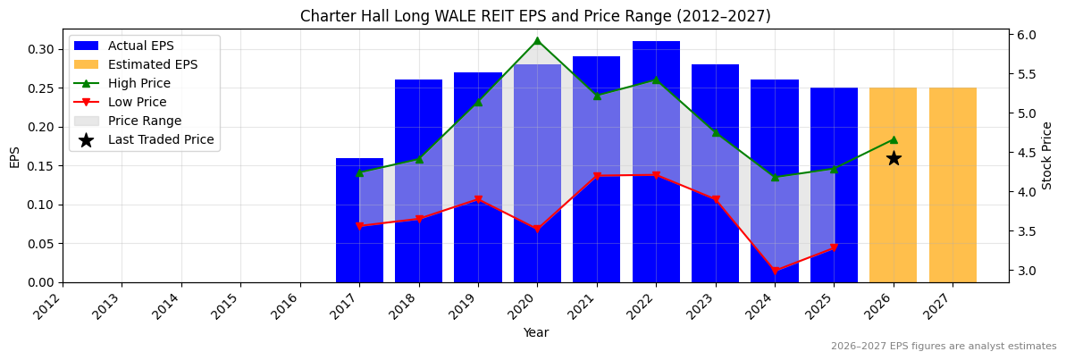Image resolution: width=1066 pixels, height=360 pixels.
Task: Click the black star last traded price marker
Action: pyautogui.click(x=894, y=158)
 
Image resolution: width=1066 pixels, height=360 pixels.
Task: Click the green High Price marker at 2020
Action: pyautogui.click(x=537, y=40)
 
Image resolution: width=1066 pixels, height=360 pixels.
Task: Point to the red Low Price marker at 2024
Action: pyautogui.click(x=775, y=271)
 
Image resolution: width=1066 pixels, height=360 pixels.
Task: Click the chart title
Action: pyautogui.click(x=535, y=16)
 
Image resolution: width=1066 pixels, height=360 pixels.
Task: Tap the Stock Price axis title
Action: pyautogui.click(x=1048, y=155)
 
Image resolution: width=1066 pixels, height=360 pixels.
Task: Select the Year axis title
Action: pyautogui.click(x=535, y=332)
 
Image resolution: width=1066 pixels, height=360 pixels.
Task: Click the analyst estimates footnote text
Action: pyautogui.click(x=944, y=347)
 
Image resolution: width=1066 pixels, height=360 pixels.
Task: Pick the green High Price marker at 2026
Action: pyautogui.click(x=894, y=139)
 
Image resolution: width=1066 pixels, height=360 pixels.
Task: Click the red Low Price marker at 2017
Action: pyautogui.click(x=359, y=226)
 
